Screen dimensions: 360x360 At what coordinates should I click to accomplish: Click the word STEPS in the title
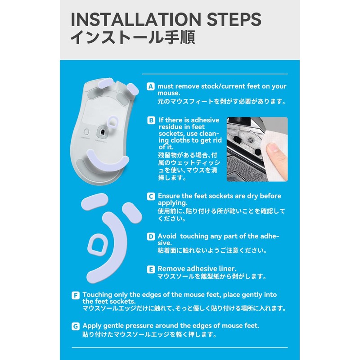click(x=234, y=19)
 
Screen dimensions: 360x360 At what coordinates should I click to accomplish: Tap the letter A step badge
click(x=151, y=86)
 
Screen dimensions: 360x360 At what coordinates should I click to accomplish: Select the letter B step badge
click(x=151, y=120)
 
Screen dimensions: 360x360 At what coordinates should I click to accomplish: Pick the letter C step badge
click(x=151, y=196)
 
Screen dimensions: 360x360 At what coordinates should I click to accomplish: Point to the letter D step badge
click(x=151, y=237)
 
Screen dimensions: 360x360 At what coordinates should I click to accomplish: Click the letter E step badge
click(x=151, y=269)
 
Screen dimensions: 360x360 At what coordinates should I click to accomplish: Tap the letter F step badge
click(x=76, y=295)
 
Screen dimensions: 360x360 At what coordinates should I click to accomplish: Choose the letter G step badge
click(x=76, y=326)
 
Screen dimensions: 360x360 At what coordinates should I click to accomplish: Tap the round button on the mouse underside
click(x=86, y=132)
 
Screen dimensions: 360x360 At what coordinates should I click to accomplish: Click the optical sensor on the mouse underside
click(x=102, y=132)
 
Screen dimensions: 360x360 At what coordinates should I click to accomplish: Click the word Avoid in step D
click(x=167, y=236)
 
